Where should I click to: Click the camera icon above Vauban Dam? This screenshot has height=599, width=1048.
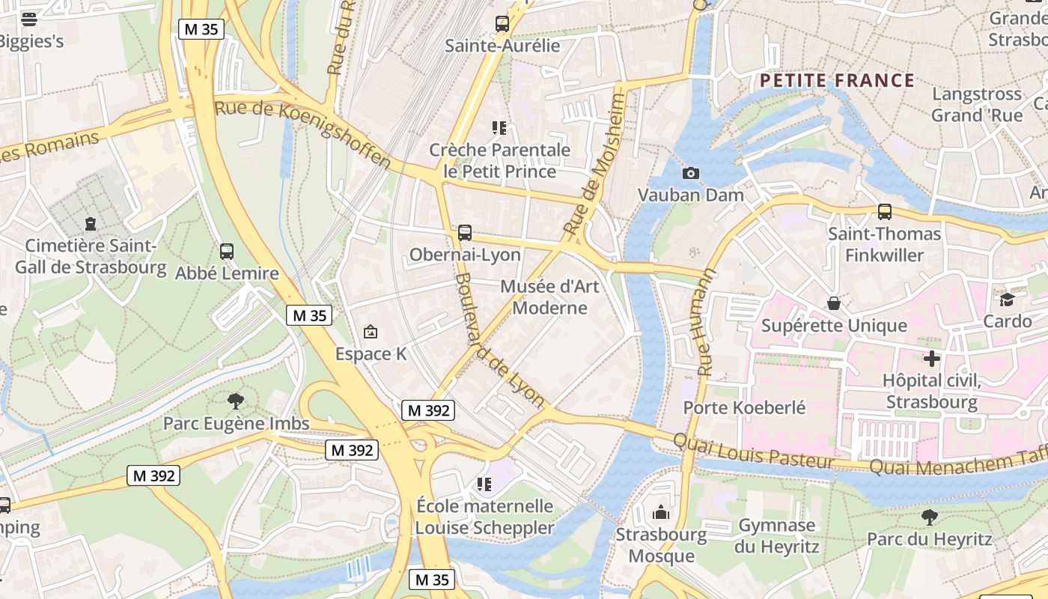[x=690, y=174]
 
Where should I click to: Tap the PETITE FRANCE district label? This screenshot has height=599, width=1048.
[x=837, y=81]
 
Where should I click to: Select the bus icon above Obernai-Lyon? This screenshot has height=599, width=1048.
[x=465, y=233]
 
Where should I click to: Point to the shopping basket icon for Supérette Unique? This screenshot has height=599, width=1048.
[x=833, y=303]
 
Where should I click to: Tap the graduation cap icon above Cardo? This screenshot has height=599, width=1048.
[x=1007, y=299]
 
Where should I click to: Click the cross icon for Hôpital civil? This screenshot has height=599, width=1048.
[x=931, y=359]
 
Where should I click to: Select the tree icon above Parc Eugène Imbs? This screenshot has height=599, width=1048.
[x=236, y=401]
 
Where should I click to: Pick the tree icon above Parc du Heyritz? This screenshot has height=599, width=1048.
[x=929, y=517]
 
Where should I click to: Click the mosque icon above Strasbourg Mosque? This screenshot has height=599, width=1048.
[x=661, y=513]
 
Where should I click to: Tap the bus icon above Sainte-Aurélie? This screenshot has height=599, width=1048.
[x=502, y=24]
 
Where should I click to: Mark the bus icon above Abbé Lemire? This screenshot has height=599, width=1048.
[x=227, y=252]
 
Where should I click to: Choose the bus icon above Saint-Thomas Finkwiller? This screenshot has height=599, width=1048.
[x=884, y=212]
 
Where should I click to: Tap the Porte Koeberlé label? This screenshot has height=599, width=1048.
[x=744, y=408]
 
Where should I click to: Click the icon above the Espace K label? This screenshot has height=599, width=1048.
[x=370, y=332]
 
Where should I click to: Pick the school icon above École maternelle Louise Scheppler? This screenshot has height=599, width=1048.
[x=484, y=484]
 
